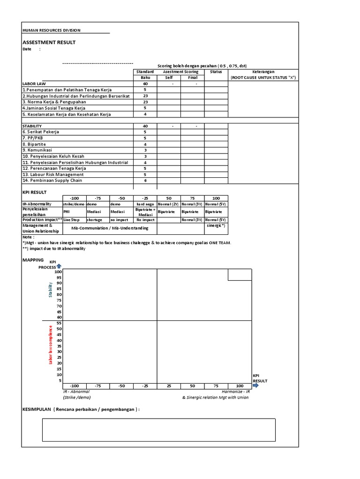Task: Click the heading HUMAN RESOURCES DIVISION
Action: pyautogui.click(x=52, y=30)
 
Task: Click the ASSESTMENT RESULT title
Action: pyautogui.click(x=49, y=43)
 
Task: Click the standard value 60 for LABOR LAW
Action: pyautogui.click(x=145, y=84)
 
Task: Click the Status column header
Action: pyautogui.click(x=216, y=72)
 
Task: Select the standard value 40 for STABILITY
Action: pyautogui.click(x=145, y=126)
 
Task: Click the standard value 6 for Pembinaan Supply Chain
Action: pyautogui.click(x=145, y=181)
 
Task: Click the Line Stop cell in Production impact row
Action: pyautogui.click(x=72, y=219)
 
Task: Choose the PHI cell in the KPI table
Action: pyautogui.click(x=67, y=211)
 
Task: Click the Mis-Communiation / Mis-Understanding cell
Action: pyautogui.click(x=110, y=228)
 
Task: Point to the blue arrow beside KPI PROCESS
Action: pyautogui.click(x=59, y=266)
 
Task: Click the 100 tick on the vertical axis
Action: pyautogui.click(x=58, y=272)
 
